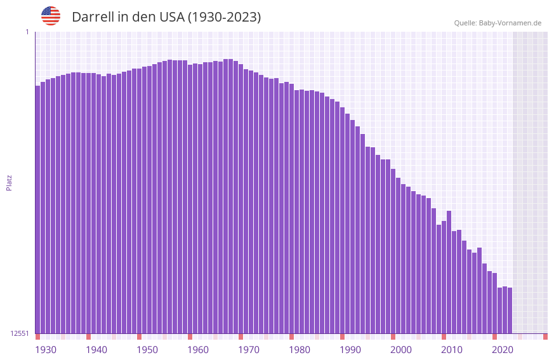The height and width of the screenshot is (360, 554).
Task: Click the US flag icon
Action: [x=51, y=16]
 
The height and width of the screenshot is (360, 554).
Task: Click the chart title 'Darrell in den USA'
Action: [x=166, y=17]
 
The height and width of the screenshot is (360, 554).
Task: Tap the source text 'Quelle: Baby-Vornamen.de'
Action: [x=498, y=23]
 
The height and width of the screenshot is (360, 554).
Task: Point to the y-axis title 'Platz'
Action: [x=9, y=182]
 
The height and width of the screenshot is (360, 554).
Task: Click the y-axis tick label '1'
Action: [x=27, y=32]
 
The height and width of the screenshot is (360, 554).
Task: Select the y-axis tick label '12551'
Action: [x=20, y=333]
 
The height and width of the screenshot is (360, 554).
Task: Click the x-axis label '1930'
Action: [x=46, y=350]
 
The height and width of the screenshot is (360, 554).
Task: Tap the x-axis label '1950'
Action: [x=147, y=350]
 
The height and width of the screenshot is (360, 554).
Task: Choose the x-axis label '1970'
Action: [x=249, y=350]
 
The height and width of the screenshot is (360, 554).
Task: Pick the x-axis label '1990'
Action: [x=350, y=350]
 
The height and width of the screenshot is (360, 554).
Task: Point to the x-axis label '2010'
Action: [x=452, y=350]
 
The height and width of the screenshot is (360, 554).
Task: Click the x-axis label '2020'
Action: [x=503, y=350]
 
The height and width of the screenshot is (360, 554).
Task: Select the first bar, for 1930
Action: [x=37, y=210]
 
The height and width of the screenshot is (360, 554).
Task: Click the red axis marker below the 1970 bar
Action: [x=241, y=337]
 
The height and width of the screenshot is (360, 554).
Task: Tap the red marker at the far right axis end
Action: [x=545, y=337]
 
